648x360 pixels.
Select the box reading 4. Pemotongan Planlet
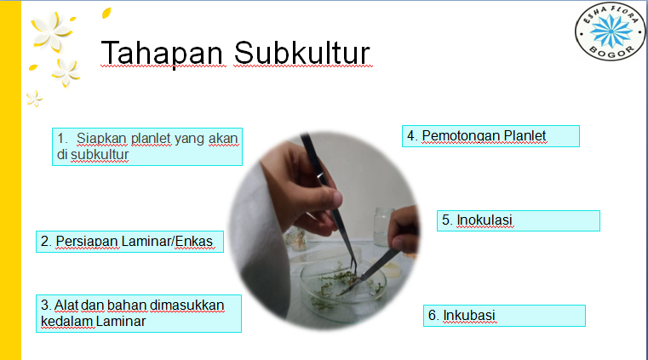tap(490, 136)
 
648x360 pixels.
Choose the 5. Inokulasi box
tap(518, 220)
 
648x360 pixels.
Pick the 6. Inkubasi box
tap(504, 315)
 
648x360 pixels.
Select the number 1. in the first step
tap(62, 138)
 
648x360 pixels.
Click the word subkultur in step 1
tap(99, 155)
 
